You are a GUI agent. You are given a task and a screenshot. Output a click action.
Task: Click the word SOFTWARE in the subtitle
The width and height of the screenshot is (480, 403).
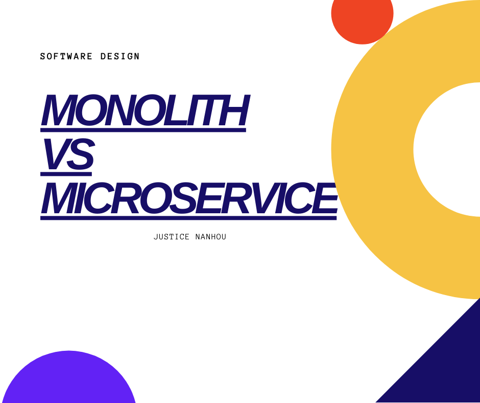pos(66,56)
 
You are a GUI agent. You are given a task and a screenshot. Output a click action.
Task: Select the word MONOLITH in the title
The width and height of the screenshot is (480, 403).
pos(146,110)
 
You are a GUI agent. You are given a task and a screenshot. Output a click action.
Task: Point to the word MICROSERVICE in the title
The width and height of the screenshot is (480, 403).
pos(189,198)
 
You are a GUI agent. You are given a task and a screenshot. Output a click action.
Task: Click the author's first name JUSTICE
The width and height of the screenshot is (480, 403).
pos(172,237)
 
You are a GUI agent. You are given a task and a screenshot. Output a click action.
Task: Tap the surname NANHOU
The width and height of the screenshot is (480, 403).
pos(210,237)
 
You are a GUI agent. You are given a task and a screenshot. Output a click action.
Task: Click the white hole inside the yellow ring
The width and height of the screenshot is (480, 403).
pos(447,149)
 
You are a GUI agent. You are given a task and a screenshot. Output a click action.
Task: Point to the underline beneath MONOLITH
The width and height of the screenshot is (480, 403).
pos(143,130)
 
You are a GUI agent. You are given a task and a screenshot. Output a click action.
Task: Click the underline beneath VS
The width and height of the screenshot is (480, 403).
pos(66,174)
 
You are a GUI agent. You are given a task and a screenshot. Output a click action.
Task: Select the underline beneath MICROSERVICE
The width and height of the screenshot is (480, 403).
pos(188,218)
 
